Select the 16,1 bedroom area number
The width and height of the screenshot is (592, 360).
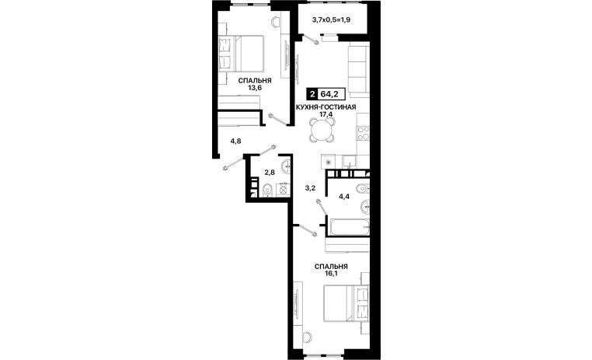click(331, 274)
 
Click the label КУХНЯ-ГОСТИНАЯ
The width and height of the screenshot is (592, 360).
click(326, 107)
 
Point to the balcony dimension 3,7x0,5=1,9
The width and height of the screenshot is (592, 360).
click(331, 19)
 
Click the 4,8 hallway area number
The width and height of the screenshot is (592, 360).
click(235, 142)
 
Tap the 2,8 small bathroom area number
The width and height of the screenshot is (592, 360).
click(269, 173)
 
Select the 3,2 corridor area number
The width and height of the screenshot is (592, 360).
click(310, 187)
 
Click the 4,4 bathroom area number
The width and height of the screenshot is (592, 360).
click(343, 196)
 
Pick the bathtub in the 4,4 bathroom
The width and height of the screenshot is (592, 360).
click(350, 227)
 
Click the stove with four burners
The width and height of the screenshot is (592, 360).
click(364, 133)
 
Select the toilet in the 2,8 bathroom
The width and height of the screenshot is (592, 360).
click(267, 190)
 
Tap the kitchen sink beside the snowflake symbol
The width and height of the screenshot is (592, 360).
click(350, 161)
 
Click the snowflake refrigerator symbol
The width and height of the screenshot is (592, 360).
click(328, 163)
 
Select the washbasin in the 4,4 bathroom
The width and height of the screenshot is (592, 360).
click(365, 207)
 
